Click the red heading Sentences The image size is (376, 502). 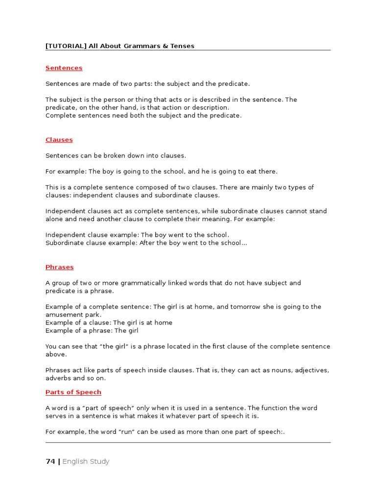pyautogui.click(x=64, y=68)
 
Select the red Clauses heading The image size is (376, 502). pyautogui.click(x=59, y=140)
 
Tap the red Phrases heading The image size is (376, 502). pyautogui.click(x=59, y=267)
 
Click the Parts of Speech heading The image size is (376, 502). pyautogui.click(x=73, y=392)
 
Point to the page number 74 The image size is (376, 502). pyautogui.click(x=50, y=461)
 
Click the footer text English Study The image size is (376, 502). pyautogui.click(x=86, y=461)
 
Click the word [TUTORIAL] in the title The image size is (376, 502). pyautogui.click(x=66, y=46)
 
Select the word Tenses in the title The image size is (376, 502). pyautogui.click(x=182, y=46)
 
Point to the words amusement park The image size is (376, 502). pyautogui.click(x=72, y=315)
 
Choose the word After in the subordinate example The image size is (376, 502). pyautogui.click(x=146, y=243)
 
